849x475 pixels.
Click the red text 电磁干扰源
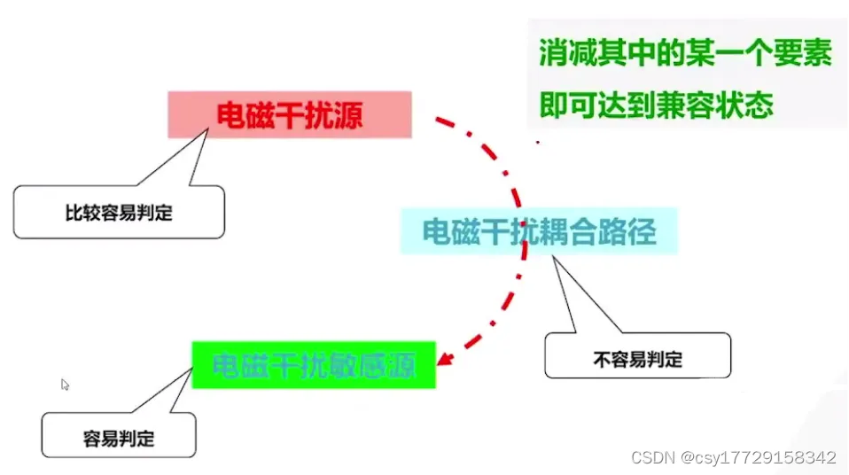pyautogui.click(x=290, y=115)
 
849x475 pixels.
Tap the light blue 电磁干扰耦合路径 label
pyautogui.click(x=538, y=232)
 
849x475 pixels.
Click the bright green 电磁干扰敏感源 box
pyautogui.click(x=314, y=364)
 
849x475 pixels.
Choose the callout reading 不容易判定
pyautogui.click(x=637, y=360)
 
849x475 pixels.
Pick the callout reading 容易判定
pyautogui.click(x=118, y=438)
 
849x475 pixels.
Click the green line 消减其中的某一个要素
pyautogui.click(x=685, y=54)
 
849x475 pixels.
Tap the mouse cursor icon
pyautogui.click(x=65, y=385)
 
